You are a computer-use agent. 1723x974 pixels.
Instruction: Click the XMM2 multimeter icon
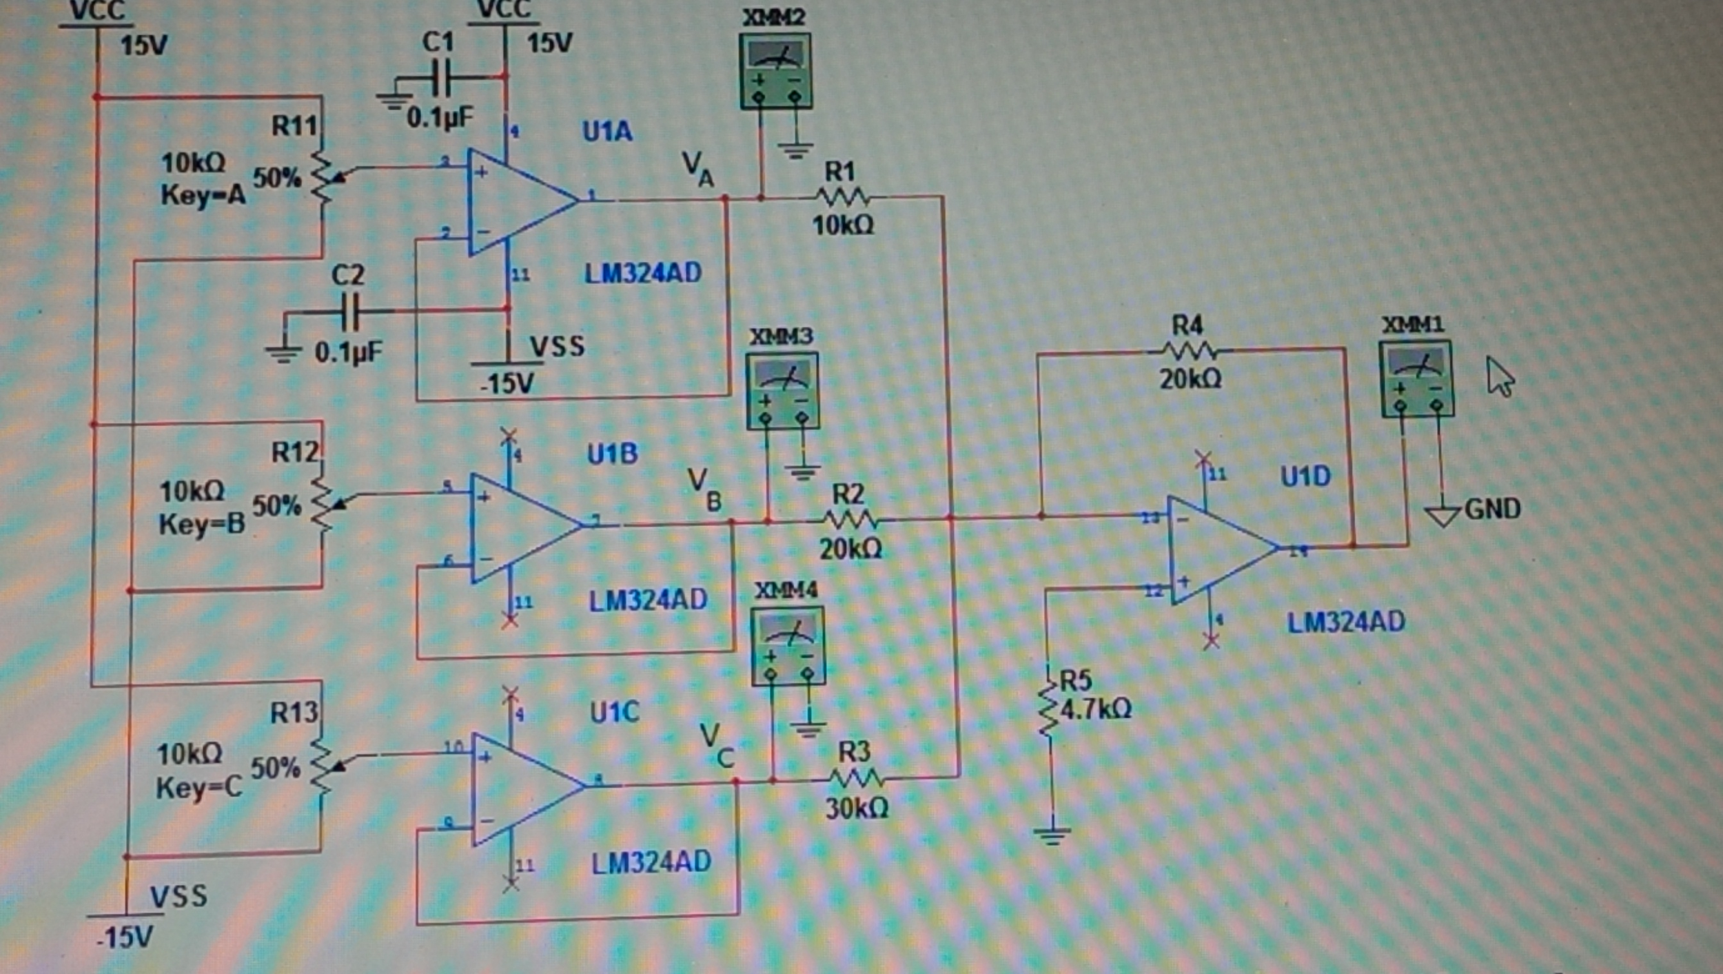[775, 72]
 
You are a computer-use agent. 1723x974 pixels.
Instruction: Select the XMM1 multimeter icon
[1417, 380]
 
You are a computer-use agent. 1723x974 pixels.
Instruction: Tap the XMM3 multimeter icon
[782, 391]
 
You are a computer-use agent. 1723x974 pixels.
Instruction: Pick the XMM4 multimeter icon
[787, 646]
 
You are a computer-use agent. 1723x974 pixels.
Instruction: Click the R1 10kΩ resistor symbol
[842, 198]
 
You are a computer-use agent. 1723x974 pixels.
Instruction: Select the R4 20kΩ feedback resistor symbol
[1190, 352]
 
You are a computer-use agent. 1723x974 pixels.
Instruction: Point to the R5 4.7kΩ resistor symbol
[1048, 711]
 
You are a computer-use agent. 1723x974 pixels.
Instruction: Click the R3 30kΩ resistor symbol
[855, 779]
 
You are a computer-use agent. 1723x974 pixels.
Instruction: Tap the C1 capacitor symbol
[440, 78]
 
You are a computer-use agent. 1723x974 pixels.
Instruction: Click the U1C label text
[614, 712]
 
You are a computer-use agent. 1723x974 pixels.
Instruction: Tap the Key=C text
[199, 787]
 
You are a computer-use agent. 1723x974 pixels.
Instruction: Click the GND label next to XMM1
[1491, 509]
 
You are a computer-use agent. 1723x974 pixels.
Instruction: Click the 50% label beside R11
[276, 178]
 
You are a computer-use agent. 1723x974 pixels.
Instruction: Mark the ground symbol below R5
[1052, 836]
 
